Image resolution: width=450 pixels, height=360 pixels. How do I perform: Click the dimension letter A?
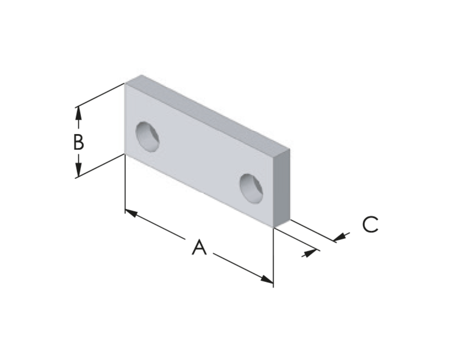point(199,247)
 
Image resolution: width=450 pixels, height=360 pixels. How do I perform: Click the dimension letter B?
point(79,142)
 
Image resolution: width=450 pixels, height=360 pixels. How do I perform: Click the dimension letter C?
point(370,224)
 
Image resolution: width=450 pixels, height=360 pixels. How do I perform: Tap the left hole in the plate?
point(147,137)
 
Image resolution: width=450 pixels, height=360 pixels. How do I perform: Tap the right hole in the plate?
point(251,189)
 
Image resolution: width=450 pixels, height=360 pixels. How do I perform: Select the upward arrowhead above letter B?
point(78,113)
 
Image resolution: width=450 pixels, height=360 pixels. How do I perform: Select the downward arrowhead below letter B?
point(78,170)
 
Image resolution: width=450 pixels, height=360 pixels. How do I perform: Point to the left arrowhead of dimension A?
point(131,213)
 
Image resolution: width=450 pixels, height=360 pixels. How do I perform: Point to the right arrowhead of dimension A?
point(267,279)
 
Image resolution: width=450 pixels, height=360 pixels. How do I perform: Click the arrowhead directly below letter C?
point(339,237)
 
